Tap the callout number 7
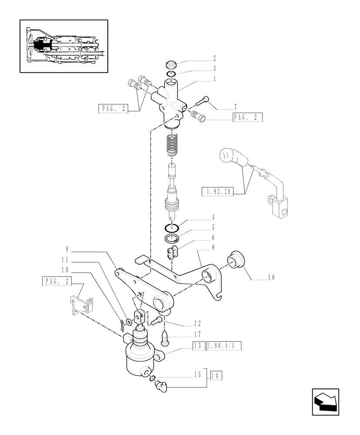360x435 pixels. [x=235, y=107]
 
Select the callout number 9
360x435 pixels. [x=67, y=249]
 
